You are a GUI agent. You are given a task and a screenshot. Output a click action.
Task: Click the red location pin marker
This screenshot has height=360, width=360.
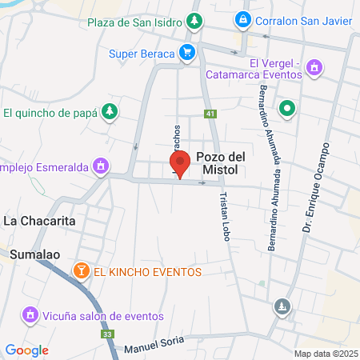click(x=181, y=164)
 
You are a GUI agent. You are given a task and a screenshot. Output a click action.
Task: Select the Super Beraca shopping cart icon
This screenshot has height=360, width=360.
click(x=187, y=54)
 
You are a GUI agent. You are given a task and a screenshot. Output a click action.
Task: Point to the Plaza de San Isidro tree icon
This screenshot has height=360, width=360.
click(x=194, y=18)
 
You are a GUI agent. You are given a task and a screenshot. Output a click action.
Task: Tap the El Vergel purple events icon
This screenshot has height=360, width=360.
click(x=314, y=67)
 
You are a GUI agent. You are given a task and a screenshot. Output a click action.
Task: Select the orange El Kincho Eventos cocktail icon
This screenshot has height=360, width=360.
click(x=81, y=271)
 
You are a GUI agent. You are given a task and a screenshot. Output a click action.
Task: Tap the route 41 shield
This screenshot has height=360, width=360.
click(x=210, y=114)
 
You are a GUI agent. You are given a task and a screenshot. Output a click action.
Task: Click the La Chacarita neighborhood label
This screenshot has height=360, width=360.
click(x=40, y=219)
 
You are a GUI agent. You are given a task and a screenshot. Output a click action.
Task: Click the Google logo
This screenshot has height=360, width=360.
click(x=26, y=350)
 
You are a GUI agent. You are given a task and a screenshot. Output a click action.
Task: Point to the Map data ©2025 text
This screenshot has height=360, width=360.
click(x=324, y=354)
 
